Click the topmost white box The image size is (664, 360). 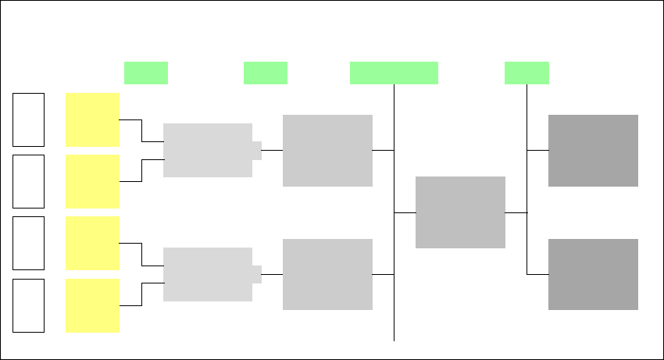pyautogui.click(x=28, y=119)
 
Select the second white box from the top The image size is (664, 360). pyautogui.click(x=28, y=181)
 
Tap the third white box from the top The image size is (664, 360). pyautogui.click(x=28, y=243)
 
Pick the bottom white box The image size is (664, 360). pyautogui.click(x=28, y=305)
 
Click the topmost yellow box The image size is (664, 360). pyautogui.click(x=92, y=119)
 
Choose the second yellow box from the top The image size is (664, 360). pyautogui.click(x=92, y=181)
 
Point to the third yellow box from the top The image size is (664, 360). pyautogui.click(x=92, y=243)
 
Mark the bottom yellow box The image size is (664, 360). pyautogui.click(x=92, y=305)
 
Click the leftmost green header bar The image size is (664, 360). pyautogui.click(x=146, y=73)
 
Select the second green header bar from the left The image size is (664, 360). pyautogui.click(x=266, y=73)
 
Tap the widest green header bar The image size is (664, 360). pyautogui.click(x=394, y=73)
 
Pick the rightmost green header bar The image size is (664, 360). pyautogui.click(x=527, y=73)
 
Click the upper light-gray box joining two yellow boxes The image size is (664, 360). pyautogui.click(x=208, y=150)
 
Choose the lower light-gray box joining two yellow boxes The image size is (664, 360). pyautogui.click(x=208, y=274)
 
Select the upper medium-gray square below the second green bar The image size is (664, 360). pyautogui.click(x=327, y=151)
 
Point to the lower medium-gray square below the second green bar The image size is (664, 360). pyautogui.click(x=327, y=274)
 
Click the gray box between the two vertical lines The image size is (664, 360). pyautogui.click(x=460, y=212)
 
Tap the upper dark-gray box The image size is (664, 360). pyautogui.click(x=593, y=151)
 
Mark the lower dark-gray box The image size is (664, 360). pyautogui.click(x=593, y=274)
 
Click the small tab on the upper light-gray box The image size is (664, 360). pyautogui.click(x=257, y=150)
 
